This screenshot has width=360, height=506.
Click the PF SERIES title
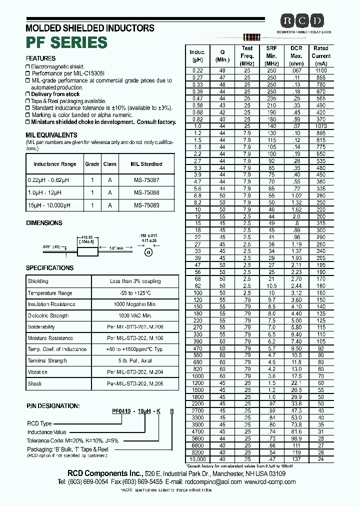coord(66,42)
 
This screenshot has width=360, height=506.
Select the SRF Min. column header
coord(271,56)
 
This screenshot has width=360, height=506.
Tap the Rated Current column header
coord(321,56)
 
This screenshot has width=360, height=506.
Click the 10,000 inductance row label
coord(197,459)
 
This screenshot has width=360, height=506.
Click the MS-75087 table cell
coord(146,179)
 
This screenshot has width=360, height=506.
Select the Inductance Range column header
coord(54,164)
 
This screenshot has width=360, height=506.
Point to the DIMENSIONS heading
coord(44,223)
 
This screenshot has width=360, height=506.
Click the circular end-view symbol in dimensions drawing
coord(148,252)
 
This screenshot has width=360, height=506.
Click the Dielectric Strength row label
coord(48,315)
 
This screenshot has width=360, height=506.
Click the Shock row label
coord(34,383)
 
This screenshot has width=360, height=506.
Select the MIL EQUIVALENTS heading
coord(51,135)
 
